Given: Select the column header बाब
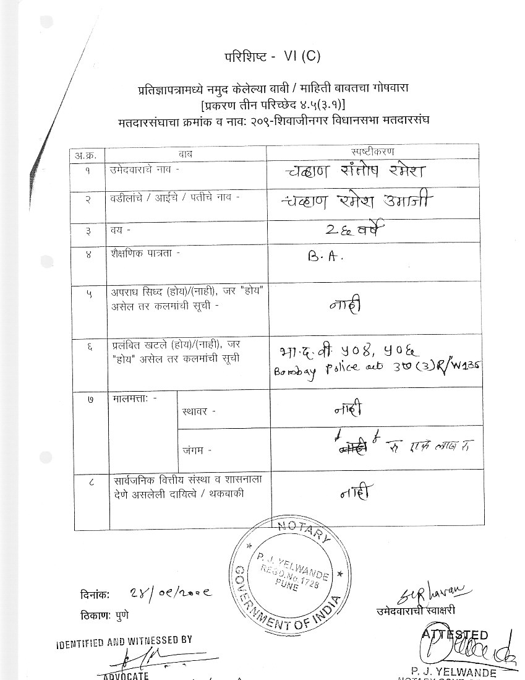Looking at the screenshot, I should [186, 152].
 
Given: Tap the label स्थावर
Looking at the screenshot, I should [199, 410].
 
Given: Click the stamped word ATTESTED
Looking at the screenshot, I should [456, 635].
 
